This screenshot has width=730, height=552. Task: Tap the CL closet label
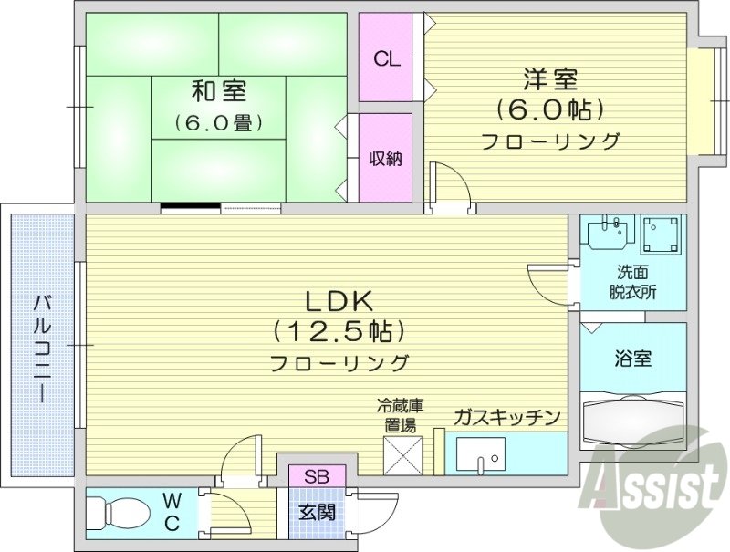387,59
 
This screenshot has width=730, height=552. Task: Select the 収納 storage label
386,158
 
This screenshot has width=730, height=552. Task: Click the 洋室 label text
551,78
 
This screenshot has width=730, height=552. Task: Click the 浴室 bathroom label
632,359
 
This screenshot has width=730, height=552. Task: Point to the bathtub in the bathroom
632,422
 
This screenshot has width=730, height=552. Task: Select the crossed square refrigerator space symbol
401,453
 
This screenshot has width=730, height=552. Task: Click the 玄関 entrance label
317,511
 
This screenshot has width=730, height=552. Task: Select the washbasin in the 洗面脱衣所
608,234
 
